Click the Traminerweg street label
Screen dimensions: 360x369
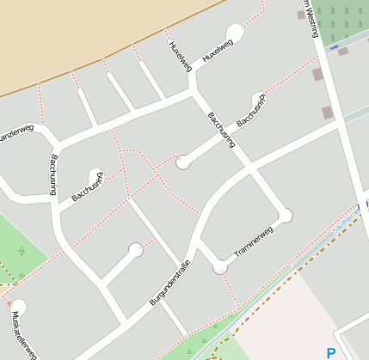pyautogui.click(x=254, y=243)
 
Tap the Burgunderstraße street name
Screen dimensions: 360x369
pyautogui.click(x=169, y=281)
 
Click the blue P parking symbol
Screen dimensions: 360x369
pyautogui.click(x=331, y=352)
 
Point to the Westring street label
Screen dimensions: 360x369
pyautogui.click(x=310, y=17)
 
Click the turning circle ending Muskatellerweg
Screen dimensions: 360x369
pyautogui.click(x=18, y=307)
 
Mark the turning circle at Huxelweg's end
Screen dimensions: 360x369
pyautogui.click(x=234, y=32)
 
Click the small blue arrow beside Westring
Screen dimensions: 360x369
pyautogui.click(x=335, y=46)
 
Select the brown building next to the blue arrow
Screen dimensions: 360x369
pyautogui.click(x=343, y=52)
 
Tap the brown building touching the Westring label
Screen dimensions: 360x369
pyautogui.click(x=301, y=15)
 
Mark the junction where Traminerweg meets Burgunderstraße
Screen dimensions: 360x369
pyautogui.click(x=220, y=267)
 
